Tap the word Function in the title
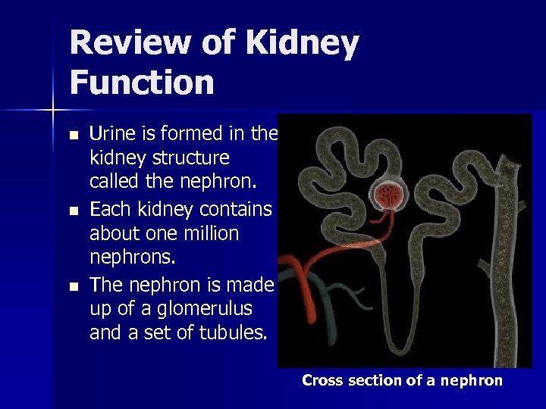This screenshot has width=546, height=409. click(142, 82)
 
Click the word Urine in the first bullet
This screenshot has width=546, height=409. click(111, 135)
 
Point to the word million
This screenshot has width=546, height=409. click(209, 234)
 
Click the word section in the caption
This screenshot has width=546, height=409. click(375, 381)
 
